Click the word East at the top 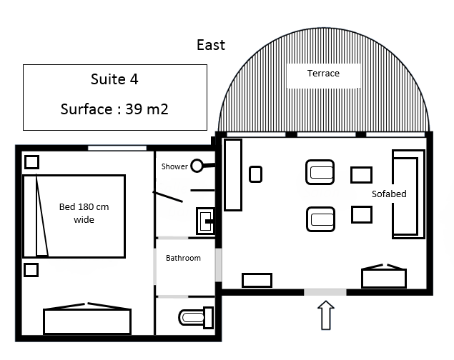211,45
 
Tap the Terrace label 323,74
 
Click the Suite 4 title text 114,79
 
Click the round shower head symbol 197,166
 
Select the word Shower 174,166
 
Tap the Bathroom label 183,258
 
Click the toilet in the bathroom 196,317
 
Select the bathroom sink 205,220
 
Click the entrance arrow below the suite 326,315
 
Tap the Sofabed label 389,194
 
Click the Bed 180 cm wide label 84,213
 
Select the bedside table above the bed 32,162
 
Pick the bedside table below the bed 31,270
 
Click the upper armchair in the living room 320,172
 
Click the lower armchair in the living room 320,219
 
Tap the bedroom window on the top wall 117,148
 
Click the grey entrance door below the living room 325,292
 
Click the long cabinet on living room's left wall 233,175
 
